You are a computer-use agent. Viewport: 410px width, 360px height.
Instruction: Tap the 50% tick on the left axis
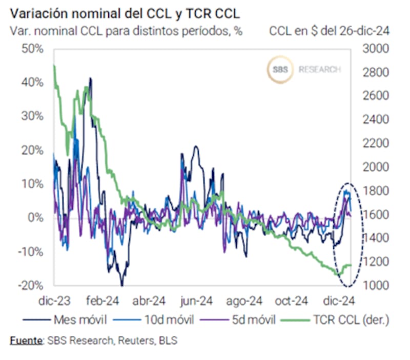click(32, 49)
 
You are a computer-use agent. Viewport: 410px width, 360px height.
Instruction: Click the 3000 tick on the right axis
click(376, 49)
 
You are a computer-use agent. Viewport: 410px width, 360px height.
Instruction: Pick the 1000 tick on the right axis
click(376, 285)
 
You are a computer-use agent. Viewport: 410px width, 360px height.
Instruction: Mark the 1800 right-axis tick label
click(376, 191)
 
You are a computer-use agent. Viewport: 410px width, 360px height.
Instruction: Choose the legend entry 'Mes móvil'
click(80, 321)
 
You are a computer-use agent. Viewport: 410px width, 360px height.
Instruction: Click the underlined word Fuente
click(26, 341)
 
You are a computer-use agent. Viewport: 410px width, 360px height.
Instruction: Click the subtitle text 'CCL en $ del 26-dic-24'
click(330, 31)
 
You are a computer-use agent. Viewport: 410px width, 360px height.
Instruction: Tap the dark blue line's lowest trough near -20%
click(122, 284)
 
